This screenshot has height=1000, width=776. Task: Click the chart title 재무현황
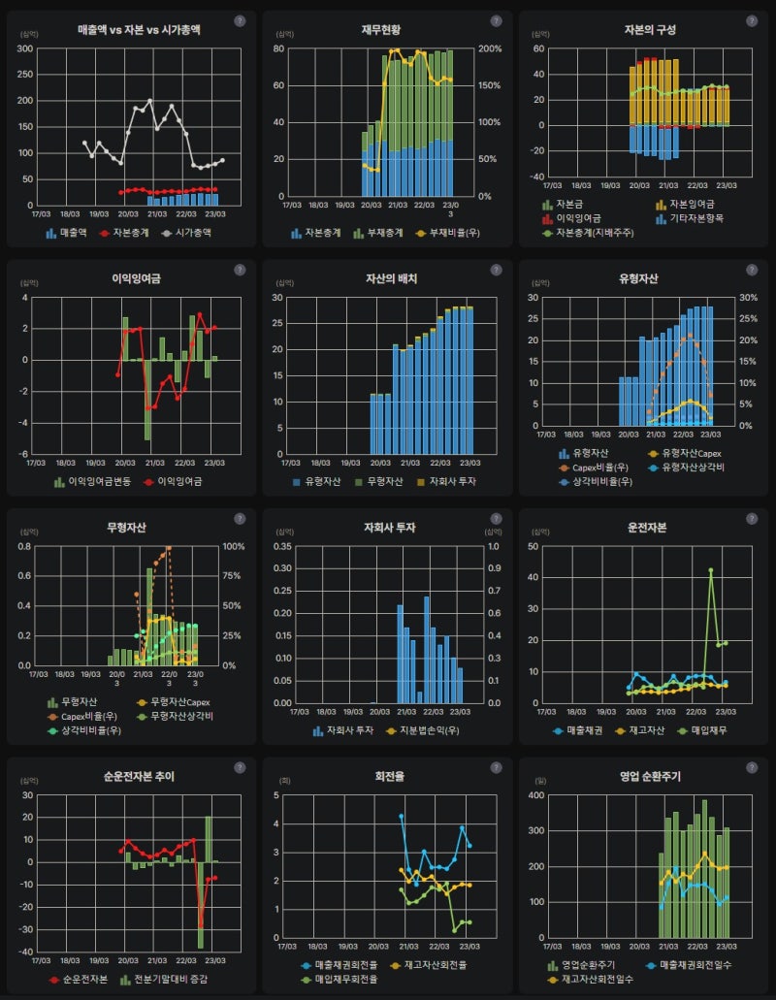tap(387, 29)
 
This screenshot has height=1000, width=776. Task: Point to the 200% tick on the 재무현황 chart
tap(490, 48)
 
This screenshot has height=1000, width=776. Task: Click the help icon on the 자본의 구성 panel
tap(751, 20)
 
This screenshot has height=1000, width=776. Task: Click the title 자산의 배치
tap(387, 278)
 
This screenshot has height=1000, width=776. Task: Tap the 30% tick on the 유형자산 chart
tap(746, 298)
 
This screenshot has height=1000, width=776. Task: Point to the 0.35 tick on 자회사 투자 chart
tap(281, 546)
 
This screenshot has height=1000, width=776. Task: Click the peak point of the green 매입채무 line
tap(710, 570)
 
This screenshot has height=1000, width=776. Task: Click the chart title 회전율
tap(387, 776)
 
